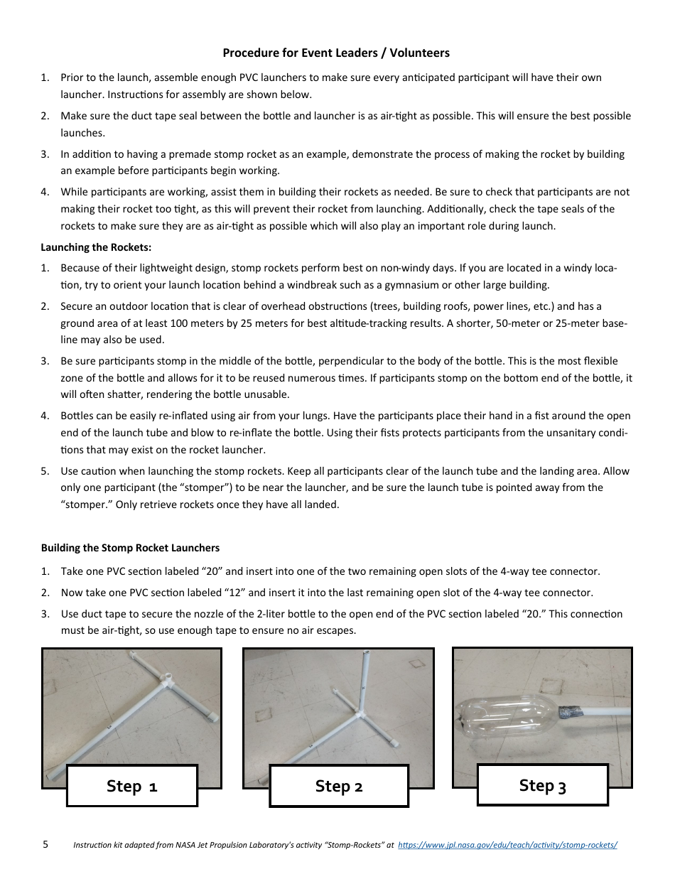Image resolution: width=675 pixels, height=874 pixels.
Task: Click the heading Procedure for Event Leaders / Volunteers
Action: [x=336, y=53]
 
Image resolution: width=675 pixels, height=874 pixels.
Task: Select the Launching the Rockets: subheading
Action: [x=96, y=247]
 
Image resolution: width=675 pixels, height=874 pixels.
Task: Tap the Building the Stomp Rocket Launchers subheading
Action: [x=130, y=548]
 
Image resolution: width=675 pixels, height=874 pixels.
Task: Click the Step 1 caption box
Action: [x=131, y=785]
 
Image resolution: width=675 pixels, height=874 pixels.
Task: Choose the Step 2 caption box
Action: [x=339, y=786]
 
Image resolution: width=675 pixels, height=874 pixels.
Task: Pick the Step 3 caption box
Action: [x=542, y=785]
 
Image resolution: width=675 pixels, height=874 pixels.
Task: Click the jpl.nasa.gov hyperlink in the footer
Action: [x=507, y=845]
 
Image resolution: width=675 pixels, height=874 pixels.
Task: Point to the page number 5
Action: [x=45, y=844]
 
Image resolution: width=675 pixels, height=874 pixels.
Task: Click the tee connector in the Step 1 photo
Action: [x=168, y=681]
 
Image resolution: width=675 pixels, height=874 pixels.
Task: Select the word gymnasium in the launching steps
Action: [x=416, y=285]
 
